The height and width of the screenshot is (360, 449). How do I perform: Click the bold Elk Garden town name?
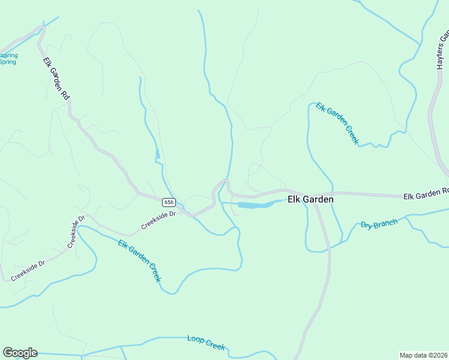pyautogui.click(x=310, y=199)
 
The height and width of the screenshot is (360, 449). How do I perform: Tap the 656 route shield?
pyautogui.click(x=169, y=202)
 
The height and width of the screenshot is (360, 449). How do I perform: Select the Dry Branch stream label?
pyautogui.click(x=379, y=224)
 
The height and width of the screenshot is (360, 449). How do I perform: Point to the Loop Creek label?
pyautogui.click(x=206, y=343)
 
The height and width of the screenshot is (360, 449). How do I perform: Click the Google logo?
pyautogui.click(x=19, y=353)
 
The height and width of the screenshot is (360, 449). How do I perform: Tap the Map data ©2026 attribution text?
pyautogui.click(x=423, y=355)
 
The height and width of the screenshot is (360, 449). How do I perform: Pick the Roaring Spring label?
pyautogui.click(x=8, y=58)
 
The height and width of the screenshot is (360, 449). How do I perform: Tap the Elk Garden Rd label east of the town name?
pyautogui.click(x=426, y=194)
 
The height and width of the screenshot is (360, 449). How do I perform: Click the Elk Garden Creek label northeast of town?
pyautogui.click(x=337, y=123)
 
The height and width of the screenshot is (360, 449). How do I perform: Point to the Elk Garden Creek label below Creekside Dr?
pyautogui.click(x=140, y=261)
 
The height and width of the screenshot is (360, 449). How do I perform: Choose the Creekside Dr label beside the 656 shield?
pyautogui.click(x=158, y=220)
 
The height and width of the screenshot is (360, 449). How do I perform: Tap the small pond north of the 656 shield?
pyautogui.click(x=157, y=155)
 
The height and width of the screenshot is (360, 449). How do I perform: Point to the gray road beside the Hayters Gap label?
pyautogui.click(x=430, y=114)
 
